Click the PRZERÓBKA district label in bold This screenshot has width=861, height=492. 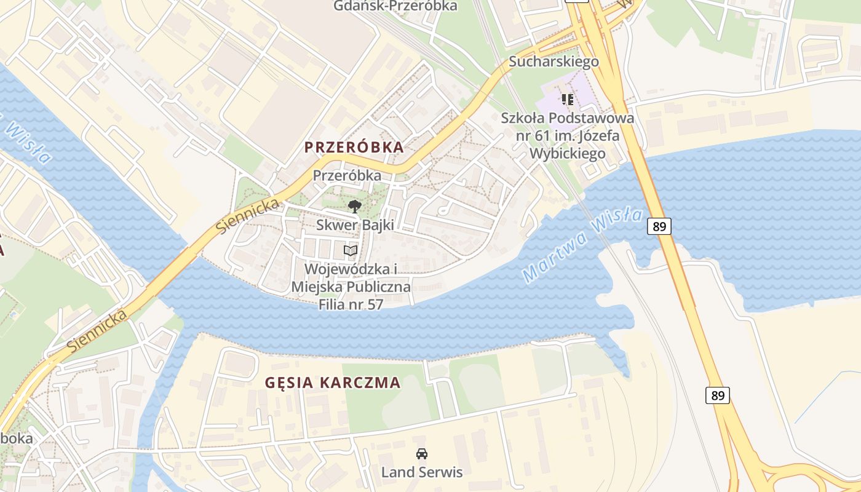coord(355,148)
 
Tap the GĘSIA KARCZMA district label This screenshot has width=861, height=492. coord(333,383)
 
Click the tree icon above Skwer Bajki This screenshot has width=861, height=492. coord(354,207)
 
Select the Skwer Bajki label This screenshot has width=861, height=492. coord(355,225)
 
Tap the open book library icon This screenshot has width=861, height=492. coord(351,251)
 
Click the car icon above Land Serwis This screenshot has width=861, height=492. coord(421,454)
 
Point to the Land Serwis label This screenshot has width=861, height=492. coord(421,472)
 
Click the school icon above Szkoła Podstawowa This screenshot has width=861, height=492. coord(568,99)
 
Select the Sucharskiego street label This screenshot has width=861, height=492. coord(553,61)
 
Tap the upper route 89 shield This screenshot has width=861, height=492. coord(659,226)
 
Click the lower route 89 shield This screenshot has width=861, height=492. coord(718,395)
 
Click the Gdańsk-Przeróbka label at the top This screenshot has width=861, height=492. coord(395,6)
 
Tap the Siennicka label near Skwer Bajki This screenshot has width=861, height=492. coord(247,216)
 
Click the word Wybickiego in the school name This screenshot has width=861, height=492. coord(567,154)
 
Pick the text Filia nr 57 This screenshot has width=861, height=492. coord(351,304)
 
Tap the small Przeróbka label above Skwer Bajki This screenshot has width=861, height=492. coord(347,175)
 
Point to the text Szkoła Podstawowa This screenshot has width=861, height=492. coord(567,118)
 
